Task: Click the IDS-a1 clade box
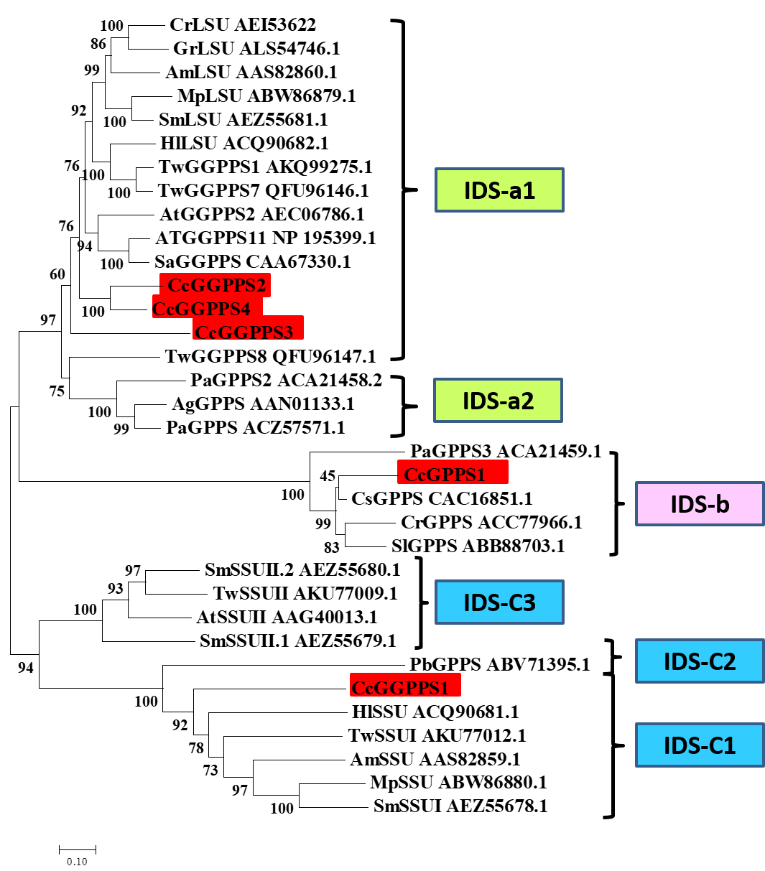click(x=499, y=190)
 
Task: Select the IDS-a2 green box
click(x=498, y=401)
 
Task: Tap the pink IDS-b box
click(x=700, y=504)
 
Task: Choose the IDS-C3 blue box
click(x=499, y=602)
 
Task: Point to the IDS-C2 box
click(x=700, y=661)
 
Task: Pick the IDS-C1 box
click(x=700, y=745)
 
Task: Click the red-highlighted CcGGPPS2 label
click(x=216, y=285)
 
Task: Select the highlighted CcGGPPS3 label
click(x=247, y=332)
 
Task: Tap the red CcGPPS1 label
click(x=453, y=474)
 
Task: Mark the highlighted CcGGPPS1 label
click(x=404, y=687)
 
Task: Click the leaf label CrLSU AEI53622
click(x=242, y=25)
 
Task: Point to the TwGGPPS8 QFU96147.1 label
click(x=270, y=356)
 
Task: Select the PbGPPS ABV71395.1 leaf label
click(x=499, y=664)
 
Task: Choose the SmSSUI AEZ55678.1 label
click(x=460, y=806)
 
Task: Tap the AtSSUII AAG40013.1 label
click(x=287, y=617)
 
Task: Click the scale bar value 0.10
click(x=77, y=862)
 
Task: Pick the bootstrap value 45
click(x=327, y=476)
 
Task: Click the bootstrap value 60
click(x=57, y=274)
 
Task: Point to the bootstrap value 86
click(x=98, y=45)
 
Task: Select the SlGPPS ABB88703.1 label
click(x=478, y=546)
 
